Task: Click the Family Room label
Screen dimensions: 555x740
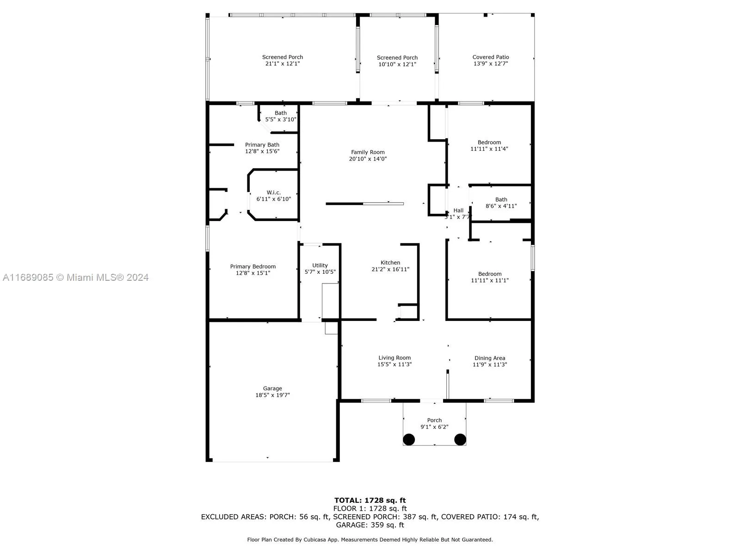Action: tap(368, 152)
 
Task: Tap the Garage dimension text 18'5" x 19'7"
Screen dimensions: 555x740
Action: tap(272, 395)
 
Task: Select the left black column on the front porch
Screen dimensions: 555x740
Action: tap(409, 439)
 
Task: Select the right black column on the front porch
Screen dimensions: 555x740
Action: tap(460, 439)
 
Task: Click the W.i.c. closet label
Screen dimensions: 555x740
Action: tap(273, 193)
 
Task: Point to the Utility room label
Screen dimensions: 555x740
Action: tap(320, 265)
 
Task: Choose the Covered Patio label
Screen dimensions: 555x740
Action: tap(490, 57)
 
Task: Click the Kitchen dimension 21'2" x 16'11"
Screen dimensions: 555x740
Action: tap(390, 269)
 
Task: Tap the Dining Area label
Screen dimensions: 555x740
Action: tap(489, 358)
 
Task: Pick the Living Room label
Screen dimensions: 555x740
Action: tap(395, 358)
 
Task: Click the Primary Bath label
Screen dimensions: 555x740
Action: tap(262, 145)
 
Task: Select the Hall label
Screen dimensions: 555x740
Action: tap(458, 210)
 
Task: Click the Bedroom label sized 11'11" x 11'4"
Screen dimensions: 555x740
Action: tap(489, 142)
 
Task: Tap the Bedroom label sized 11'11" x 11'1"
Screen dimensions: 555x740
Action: tap(490, 274)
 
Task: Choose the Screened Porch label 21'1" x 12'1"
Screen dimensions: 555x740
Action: tap(283, 57)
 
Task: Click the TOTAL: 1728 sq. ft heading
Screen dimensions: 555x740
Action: tap(370, 500)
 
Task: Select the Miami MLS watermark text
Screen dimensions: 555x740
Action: tap(76, 277)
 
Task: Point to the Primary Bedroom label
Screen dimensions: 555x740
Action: tap(253, 266)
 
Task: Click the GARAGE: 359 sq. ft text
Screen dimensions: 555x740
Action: tap(370, 525)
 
